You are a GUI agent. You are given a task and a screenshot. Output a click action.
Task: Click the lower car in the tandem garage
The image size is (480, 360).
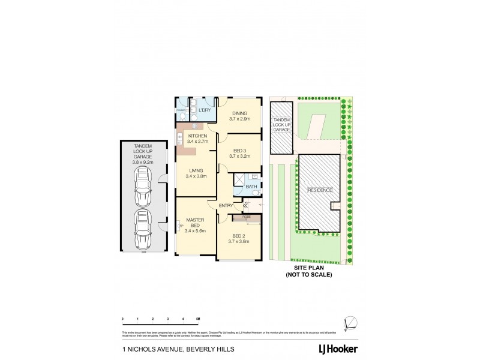coord(144,229)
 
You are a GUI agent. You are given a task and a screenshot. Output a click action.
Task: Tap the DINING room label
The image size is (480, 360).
coord(239,113)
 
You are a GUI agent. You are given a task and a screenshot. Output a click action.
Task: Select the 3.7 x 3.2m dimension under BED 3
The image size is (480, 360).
coord(239,156)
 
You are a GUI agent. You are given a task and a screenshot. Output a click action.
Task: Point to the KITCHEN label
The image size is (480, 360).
coord(197,136)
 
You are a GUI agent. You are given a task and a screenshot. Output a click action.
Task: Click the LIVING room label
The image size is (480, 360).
coord(196,171)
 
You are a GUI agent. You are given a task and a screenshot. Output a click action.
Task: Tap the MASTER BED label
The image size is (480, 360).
coord(196,223)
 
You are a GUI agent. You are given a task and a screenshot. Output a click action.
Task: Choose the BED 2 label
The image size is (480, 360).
coord(239,236)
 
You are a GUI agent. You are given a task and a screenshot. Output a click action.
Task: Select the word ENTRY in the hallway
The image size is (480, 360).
coord(226,205)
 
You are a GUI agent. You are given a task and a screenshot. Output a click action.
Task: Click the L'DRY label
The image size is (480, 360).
coord(205,110)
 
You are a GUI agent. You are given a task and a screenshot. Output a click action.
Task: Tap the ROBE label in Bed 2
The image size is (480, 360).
coord(246,217)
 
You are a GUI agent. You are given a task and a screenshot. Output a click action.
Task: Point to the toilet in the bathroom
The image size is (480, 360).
coord(255,178)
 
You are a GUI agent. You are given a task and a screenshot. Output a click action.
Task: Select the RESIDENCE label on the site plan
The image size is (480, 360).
coord(320,190)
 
